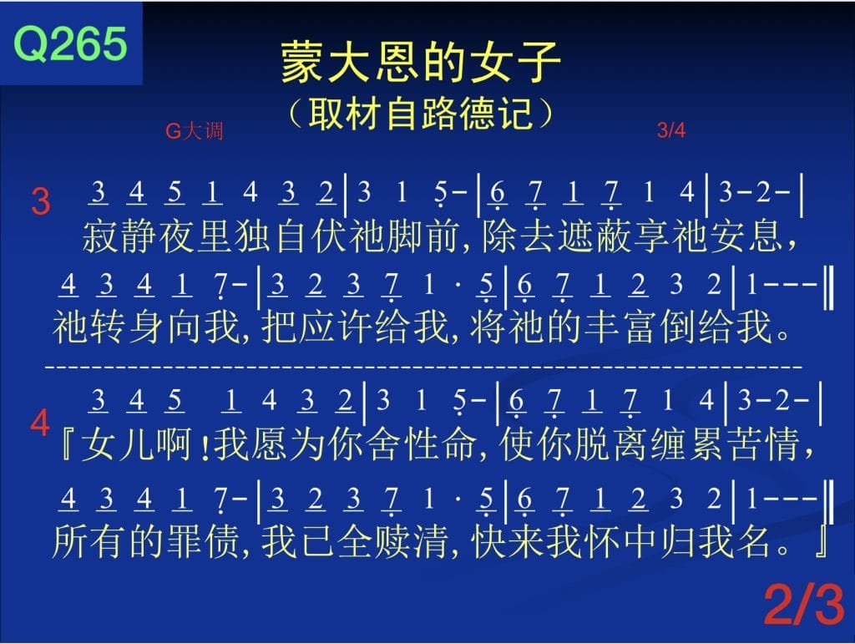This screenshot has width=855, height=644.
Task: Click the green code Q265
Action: tap(70, 43)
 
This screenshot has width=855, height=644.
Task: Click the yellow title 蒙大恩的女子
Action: tap(421, 62)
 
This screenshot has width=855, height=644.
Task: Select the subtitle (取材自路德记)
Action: tap(421, 113)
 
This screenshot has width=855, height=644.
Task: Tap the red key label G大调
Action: tap(194, 131)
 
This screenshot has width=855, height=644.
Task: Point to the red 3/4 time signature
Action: tap(671, 129)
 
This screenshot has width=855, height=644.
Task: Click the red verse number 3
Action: tap(41, 201)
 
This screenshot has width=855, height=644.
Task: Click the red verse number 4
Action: tap(40, 423)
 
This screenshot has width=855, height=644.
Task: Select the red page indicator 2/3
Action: tap(804, 604)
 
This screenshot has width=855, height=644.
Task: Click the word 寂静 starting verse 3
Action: tap(120, 237)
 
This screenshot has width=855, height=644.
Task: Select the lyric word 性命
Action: tap(440, 444)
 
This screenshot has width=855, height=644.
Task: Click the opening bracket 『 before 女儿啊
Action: tap(66, 444)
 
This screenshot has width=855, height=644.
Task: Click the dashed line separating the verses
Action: tap(423, 367)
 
